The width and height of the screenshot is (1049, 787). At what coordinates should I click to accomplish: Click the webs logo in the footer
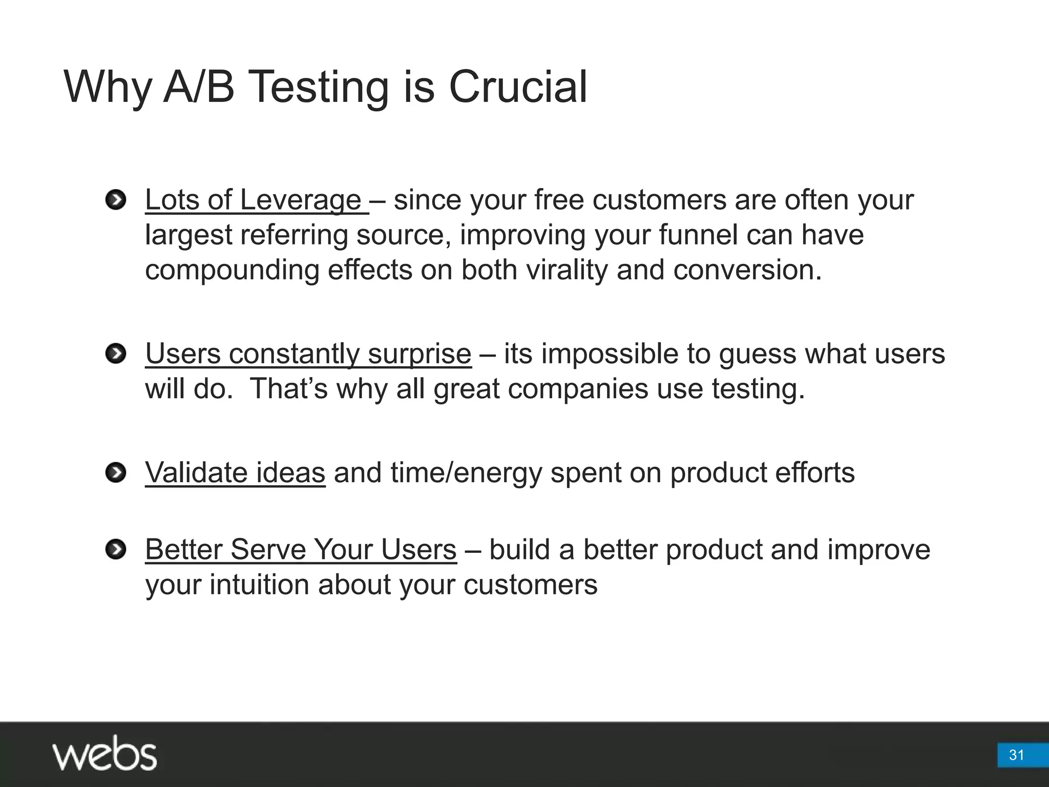coord(104,753)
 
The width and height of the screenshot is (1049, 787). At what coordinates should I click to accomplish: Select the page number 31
coord(1016,755)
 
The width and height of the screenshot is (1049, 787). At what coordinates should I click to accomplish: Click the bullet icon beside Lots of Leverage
coord(116,200)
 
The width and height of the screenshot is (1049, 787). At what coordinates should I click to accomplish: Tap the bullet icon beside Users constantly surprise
coord(116,354)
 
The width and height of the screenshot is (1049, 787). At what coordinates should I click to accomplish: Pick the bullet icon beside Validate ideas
coord(116,472)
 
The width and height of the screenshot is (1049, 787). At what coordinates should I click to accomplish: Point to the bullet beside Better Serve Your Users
coord(116,550)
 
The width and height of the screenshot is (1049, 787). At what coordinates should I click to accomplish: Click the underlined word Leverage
coord(301,200)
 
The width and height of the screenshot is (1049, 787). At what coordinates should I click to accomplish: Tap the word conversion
coord(747,270)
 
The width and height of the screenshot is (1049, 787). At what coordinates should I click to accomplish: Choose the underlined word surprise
coord(419,355)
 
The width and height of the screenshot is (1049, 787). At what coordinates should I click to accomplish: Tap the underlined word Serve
coord(268,550)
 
